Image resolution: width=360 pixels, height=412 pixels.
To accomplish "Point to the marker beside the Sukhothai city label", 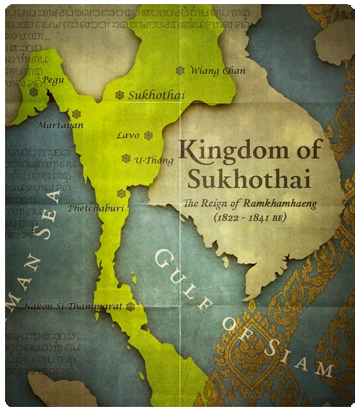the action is pyautogui.click(x=120, y=95).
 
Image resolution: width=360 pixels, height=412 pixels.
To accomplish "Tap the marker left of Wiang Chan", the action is pyautogui.click(x=180, y=71).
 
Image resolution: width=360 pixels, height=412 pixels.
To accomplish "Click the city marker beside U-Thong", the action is pyautogui.click(x=126, y=158).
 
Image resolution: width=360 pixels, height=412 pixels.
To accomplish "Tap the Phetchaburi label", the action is pyautogui.click(x=94, y=208).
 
